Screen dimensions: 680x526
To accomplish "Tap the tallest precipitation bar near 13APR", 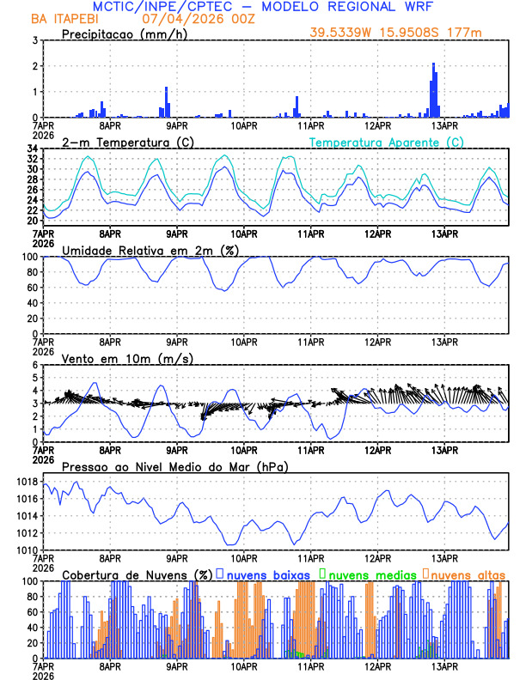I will click(x=433, y=89).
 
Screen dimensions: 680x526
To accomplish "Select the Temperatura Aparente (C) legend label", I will click(x=387, y=142).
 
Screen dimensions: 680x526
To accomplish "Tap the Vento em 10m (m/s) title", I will click(x=127, y=358).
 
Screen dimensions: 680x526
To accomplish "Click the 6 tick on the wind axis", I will click(x=35, y=365).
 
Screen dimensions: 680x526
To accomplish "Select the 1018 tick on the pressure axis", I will click(x=26, y=483).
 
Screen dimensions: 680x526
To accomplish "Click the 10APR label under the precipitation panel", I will click(x=244, y=125).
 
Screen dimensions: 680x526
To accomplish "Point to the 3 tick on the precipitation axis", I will click(x=35, y=40).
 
